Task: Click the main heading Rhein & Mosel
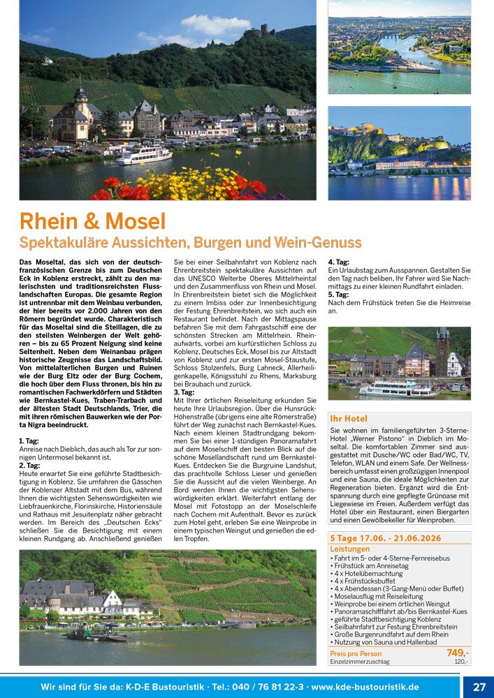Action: (x=93, y=221)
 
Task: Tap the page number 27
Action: (x=479, y=687)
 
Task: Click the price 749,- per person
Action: (x=458, y=653)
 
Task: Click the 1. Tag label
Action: (x=29, y=441)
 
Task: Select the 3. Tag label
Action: (x=184, y=392)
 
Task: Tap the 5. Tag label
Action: (x=338, y=295)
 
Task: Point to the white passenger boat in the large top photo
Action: (x=144, y=155)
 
